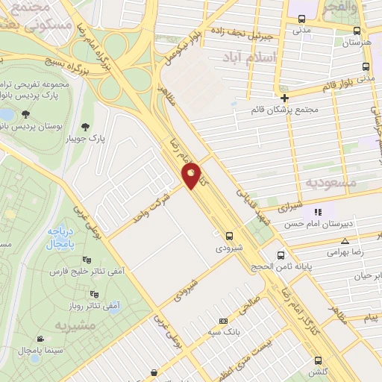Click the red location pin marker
point(192,175)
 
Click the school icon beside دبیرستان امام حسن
point(317,212)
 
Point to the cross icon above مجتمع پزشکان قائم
point(284,97)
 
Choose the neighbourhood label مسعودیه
point(331,182)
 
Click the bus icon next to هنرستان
point(357,31)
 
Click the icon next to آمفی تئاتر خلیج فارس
point(87,260)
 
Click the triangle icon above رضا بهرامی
point(345,241)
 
